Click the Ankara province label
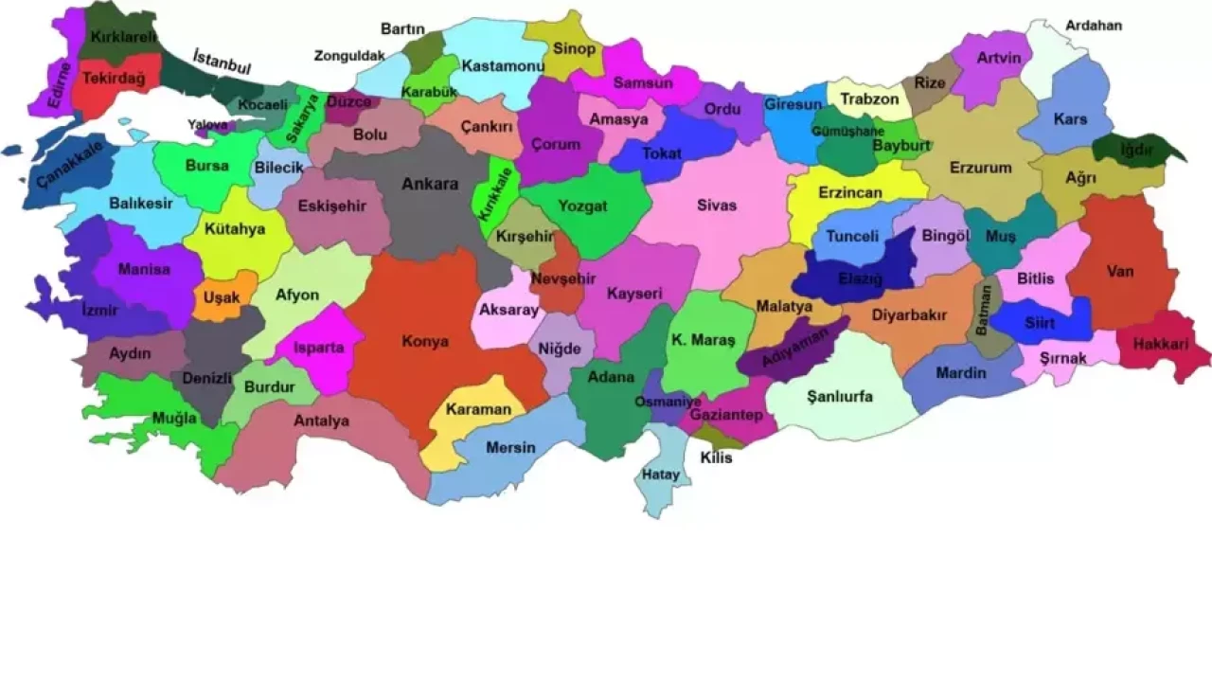[430, 184]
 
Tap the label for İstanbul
[222, 62]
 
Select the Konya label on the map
[425, 341]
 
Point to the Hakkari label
[1160, 345]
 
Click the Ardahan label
[1094, 26]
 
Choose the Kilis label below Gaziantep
[716, 457]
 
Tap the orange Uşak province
[222, 296]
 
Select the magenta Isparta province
[318, 348]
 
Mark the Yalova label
[207, 124]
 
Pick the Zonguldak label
[349, 56]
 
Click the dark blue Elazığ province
[860, 278]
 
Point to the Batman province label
[986, 310]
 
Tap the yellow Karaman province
[478, 410]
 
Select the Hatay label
[661, 475]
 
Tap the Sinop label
[574, 48]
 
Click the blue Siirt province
[1039, 323]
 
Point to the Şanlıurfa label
[840, 396]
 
